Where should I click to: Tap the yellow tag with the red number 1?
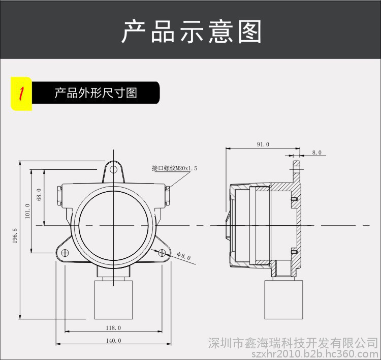coord(21,94)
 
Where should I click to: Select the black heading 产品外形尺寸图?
coord(96,93)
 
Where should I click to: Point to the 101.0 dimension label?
coord(28,210)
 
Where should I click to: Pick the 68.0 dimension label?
coord(39,194)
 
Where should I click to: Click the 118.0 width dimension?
coord(113,328)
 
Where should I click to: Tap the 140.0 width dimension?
coord(113,340)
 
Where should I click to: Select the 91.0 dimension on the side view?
coord(263,144)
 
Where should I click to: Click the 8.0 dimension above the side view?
coord(317,152)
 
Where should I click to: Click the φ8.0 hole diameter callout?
coord(184,256)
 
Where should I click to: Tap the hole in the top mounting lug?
coord(114,170)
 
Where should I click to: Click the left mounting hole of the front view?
coord(65,253)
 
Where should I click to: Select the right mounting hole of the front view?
coord(162,253)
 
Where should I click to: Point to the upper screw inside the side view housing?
coord(294,199)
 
